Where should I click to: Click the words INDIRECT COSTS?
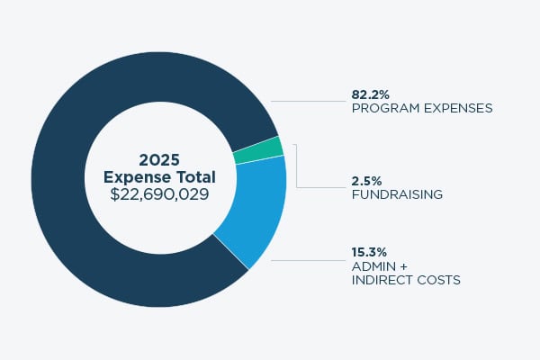click(406, 280)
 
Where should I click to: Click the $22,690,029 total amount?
click(158, 193)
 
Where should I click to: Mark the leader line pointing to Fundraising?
click(319, 187)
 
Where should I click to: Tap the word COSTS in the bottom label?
click(440, 280)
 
